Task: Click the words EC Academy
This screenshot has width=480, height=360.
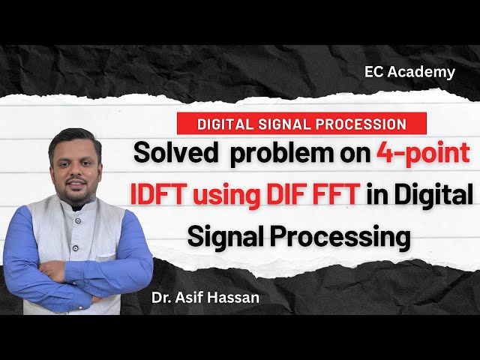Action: [x=409, y=72]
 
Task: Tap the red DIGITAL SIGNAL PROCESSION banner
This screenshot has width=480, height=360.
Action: [x=301, y=123]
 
